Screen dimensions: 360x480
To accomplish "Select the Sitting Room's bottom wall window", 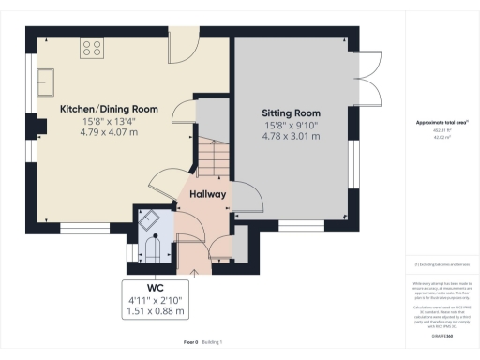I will pyautogui.click(x=299, y=227).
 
